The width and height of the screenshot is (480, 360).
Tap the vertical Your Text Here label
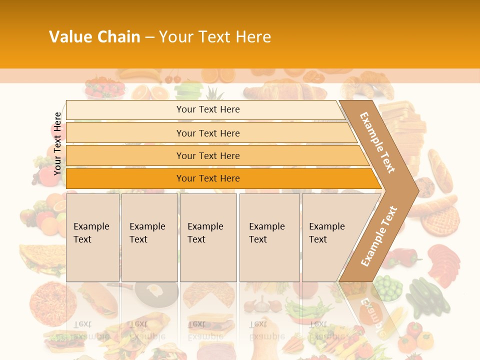tap(57, 143)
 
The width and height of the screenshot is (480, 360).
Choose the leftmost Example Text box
tap(92, 237)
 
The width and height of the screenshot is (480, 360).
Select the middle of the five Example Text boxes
tap(208, 237)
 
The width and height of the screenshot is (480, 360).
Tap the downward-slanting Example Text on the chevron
tap(377, 142)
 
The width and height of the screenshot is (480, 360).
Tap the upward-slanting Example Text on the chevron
tap(379, 236)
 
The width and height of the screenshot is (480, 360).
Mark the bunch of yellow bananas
tap(140, 75)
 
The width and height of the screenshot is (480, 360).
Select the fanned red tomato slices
tap(444, 262)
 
